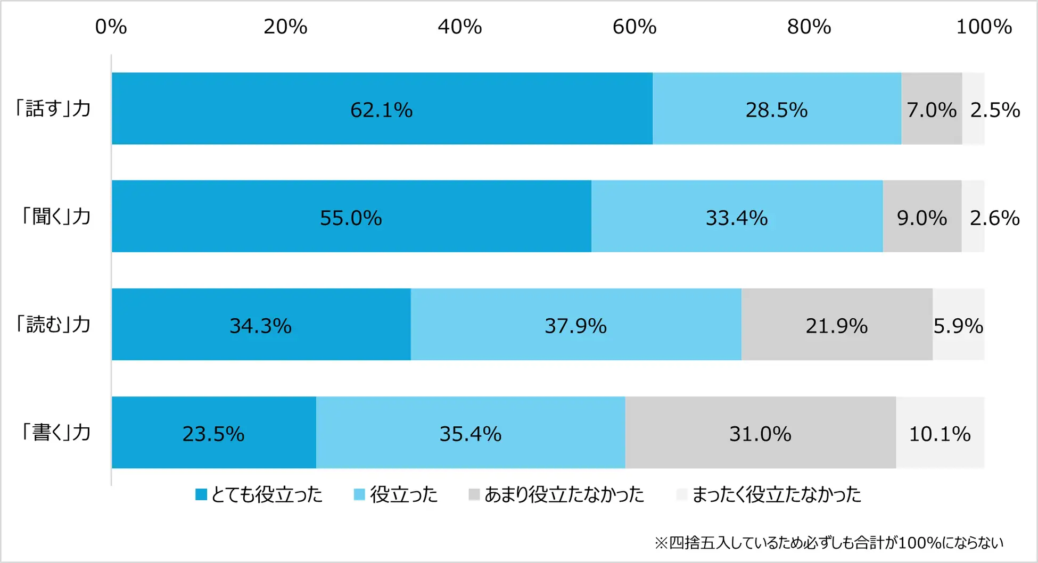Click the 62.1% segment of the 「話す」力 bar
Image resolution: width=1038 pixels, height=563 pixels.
[x=382, y=109]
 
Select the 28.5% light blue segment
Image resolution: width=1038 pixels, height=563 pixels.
[x=776, y=109]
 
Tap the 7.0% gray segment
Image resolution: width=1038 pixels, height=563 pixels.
[x=932, y=109]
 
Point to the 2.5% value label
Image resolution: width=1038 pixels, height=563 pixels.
[x=995, y=110]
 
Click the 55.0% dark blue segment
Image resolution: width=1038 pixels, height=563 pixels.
[x=351, y=217]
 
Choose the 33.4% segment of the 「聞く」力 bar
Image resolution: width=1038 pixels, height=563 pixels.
[x=737, y=217]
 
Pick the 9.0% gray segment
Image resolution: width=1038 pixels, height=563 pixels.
[x=922, y=217]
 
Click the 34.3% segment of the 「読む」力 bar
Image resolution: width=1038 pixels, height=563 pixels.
[x=260, y=325]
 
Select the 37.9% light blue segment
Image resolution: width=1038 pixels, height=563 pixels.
[x=575, y=325]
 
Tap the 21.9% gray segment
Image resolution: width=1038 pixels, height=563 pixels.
[x=836, y=325]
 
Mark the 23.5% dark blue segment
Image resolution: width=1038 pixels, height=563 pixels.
[x=213, y=433]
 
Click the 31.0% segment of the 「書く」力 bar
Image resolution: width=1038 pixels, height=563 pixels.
[x=760, y=433]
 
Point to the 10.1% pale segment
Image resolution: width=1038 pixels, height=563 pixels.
[x=940, y=433]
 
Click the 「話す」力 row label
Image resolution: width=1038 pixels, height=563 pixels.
[x=53, y=109]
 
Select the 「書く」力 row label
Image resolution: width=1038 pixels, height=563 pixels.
[x=55, y=432]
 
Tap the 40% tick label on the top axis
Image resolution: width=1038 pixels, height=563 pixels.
[x=460, y=27]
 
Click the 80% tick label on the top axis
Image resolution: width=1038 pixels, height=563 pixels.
[x=809, y=27]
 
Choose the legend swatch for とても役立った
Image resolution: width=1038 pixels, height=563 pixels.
[x=201, y=495]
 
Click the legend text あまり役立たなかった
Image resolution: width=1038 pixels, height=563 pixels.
[x=564, y=495]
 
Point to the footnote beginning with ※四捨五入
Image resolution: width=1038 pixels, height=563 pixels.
[x=829, y=543]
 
